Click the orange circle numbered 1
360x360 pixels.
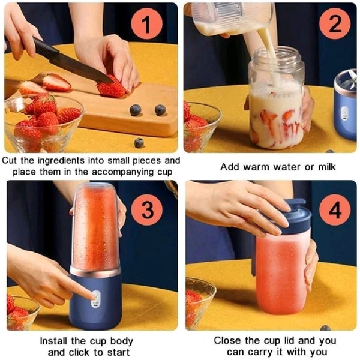pos(147,23)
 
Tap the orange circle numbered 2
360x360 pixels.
pos(335,23)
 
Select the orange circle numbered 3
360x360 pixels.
pos(147,209)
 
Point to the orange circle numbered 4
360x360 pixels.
pos(335,209)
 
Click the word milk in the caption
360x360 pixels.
pos(327,167)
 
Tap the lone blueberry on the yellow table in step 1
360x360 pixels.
pos(139,143)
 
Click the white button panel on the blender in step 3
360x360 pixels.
pos(96,299)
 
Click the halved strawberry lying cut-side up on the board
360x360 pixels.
pos(57,82)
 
